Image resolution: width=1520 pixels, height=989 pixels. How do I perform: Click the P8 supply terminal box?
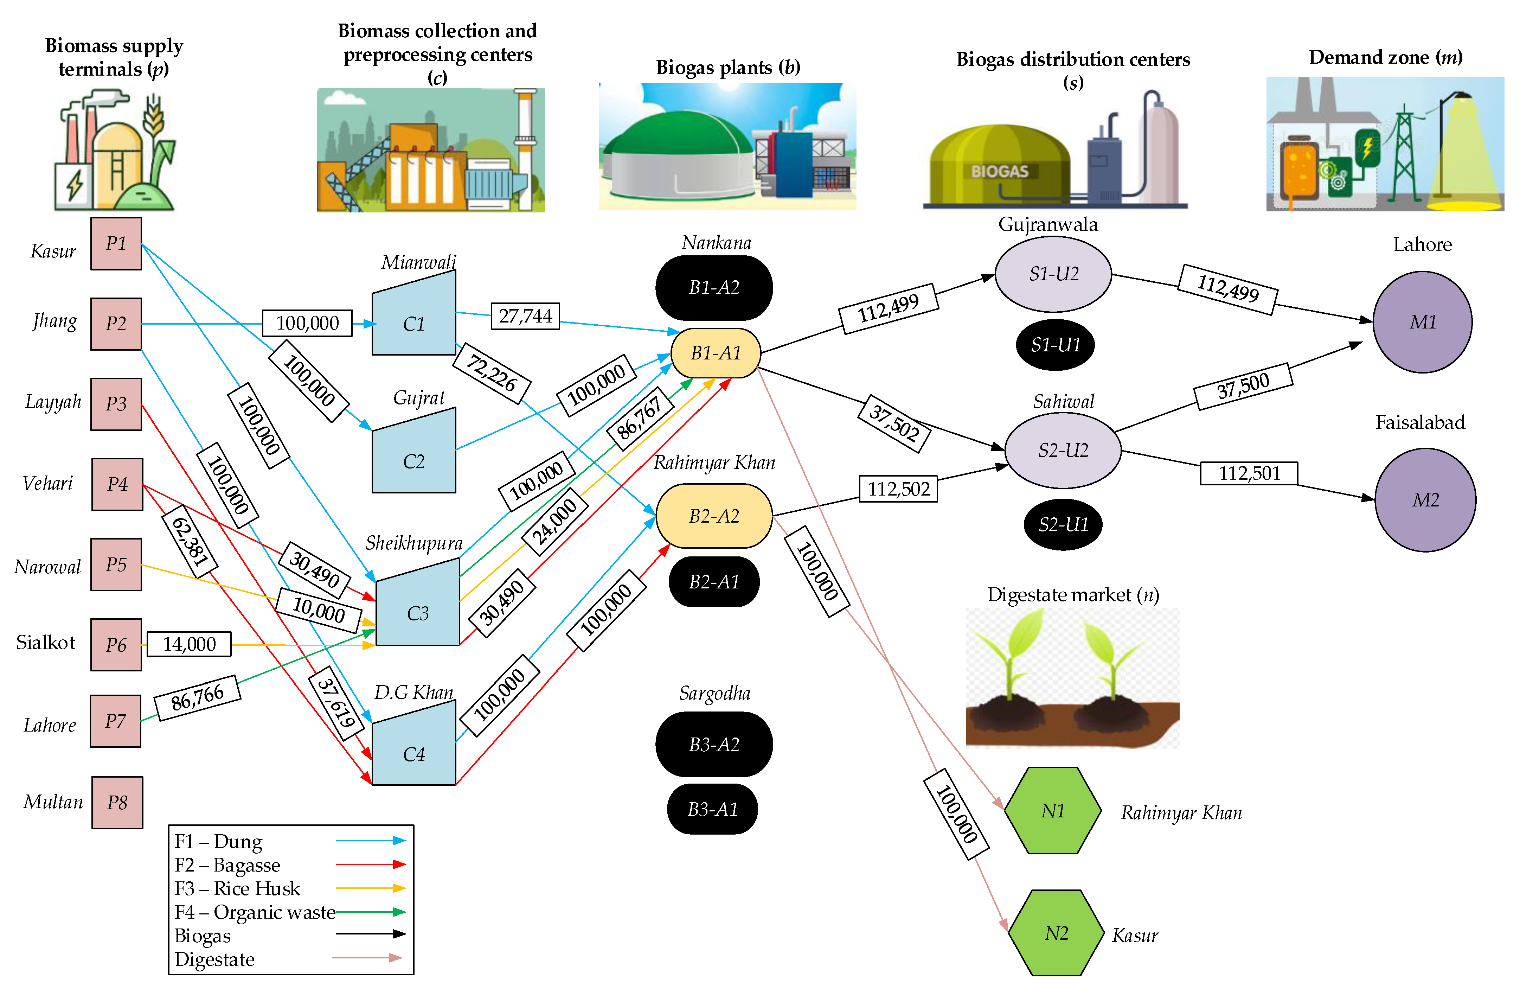[x=117, y=803]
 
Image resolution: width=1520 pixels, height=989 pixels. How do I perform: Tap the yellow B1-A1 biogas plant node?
[x=715, y=353]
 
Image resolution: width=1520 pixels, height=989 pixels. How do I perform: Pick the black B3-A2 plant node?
[x=714, y=744]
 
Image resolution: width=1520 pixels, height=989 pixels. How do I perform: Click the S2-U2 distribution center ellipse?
[x=1063, y=451]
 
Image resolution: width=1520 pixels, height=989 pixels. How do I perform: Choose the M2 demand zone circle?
[x=1425, y=500]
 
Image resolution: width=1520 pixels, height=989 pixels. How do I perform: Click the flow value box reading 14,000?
[x=189, y=644]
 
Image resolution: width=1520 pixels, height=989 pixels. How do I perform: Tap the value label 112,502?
[x=898, y=489]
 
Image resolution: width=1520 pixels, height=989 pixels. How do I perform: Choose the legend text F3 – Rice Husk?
[x=237, y=888]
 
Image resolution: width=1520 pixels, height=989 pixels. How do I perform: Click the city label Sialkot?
[x=45, y=642]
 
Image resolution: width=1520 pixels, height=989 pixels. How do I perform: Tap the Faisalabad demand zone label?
[x=1420, y=422]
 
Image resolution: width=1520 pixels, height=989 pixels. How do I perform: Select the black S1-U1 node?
[x=1055, y=345]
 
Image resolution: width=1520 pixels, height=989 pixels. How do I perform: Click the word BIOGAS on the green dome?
[x=1000, y=171]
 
